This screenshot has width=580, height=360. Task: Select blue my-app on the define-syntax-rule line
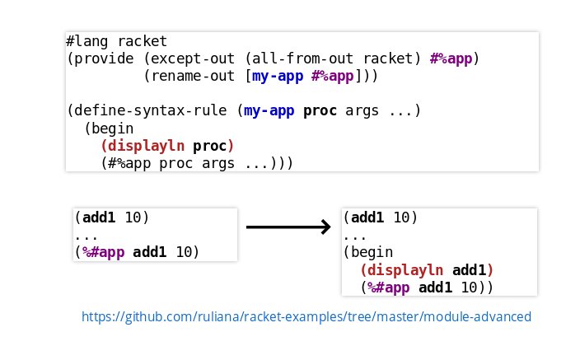coord(269,111)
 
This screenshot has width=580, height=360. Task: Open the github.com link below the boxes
coord(306,316)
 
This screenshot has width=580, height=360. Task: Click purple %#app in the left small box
coord(103,252)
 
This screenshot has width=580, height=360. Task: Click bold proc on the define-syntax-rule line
coord(320,111)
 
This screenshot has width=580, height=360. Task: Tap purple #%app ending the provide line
coord(451,59)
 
